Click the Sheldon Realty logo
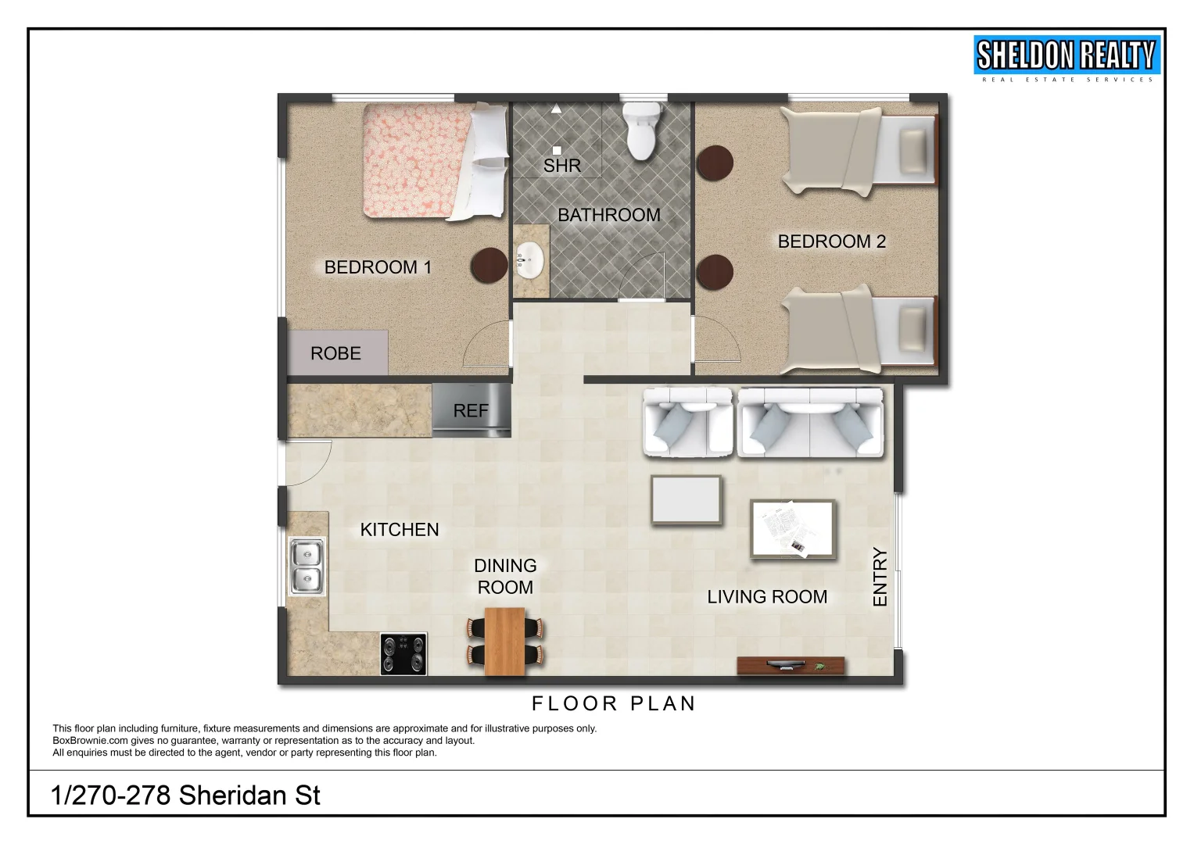tap(1067, 59)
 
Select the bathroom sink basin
tap(531, 260)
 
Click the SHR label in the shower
tap(562, 166)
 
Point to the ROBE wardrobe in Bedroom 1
tap(337, 353)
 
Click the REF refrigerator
tap(472, 411)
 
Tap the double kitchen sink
tap(307, 567)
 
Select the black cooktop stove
tap(403, 654)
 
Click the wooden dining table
tap(504, 641)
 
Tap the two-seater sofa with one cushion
tap(688, 423)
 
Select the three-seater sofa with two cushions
tap(811, 423)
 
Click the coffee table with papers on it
tap(793, 530)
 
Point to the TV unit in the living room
tap(791, 667)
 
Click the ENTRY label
tap(880, 578)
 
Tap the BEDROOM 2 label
tap(832, 241)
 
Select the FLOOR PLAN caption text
tap(614, 704)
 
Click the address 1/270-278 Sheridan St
tap(185, 796)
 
